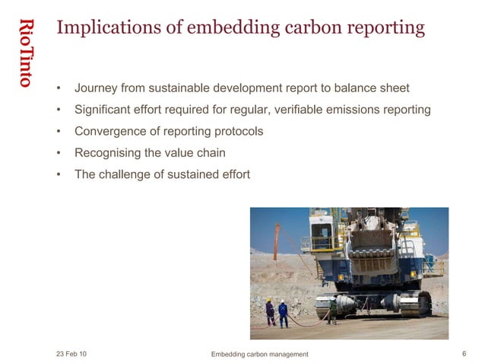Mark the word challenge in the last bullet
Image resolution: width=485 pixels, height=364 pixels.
coord(126,174)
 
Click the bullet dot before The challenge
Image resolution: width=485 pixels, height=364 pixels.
coord(59,174)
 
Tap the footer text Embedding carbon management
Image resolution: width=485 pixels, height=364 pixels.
coord(259,354)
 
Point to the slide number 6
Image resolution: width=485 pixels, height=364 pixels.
coord(464,353)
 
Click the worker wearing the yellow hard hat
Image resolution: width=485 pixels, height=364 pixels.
coord(269,311)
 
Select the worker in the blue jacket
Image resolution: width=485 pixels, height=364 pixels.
coord(283,313)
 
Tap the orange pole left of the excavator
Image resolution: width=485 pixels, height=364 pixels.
coord(277,240)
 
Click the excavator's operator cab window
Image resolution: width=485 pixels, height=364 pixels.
coord(320,228)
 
